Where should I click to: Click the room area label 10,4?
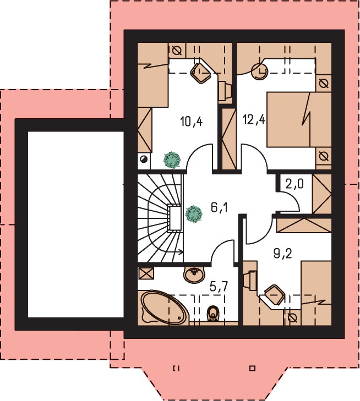191,121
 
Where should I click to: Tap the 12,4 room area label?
254,119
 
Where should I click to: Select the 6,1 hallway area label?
219,208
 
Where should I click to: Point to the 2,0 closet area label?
294,183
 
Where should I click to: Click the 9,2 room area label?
282,254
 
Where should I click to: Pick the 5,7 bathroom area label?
219,287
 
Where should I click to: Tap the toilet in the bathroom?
213,314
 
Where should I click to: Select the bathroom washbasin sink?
194,274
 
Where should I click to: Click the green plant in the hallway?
194,214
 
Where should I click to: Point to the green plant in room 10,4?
172,160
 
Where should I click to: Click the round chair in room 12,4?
259,71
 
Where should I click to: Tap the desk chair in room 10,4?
201,73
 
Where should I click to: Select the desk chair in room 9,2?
275,295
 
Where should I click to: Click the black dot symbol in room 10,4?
144,159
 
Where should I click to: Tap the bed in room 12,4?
299,119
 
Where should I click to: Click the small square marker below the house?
253,368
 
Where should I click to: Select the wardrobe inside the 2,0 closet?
322,195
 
